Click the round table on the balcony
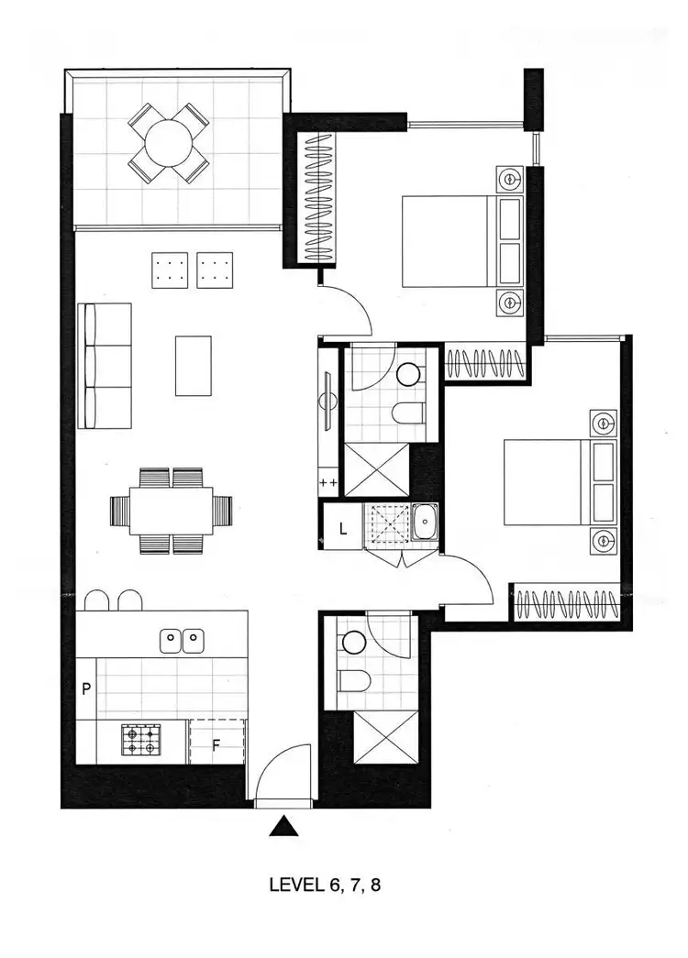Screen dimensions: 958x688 point(168,142)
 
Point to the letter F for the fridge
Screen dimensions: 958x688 point(216,744)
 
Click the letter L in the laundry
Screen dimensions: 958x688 point(342,529)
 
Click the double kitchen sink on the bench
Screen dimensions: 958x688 point(182,638)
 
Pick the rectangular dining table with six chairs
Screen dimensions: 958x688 point(172,510)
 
